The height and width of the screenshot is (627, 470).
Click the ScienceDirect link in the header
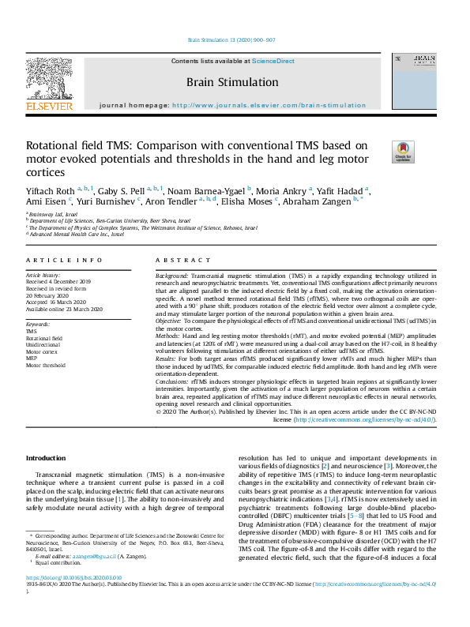click(273, 61)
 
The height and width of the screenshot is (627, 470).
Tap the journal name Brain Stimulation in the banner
click(232, 82)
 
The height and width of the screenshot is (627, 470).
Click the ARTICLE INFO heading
click(64, 260)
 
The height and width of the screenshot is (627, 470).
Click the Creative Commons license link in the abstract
click(365, 419)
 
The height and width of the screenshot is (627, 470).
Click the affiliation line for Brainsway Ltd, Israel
click(53, 214)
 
